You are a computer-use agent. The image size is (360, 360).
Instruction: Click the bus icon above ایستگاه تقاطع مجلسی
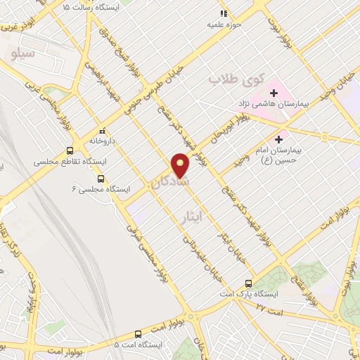tap(69, 150)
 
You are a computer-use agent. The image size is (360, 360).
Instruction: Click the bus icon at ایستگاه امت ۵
tap(137, 334)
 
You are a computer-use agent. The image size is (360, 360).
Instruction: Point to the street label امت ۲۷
tap(269, 307)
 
